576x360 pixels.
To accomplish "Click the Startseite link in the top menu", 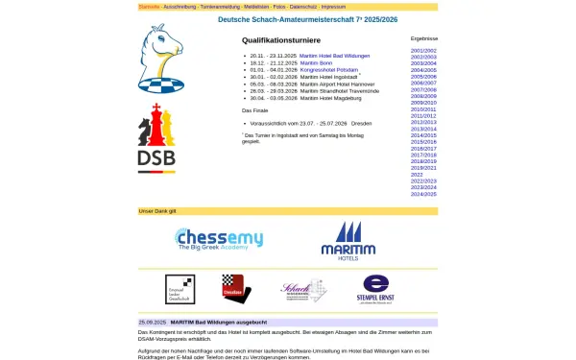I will [x=148, y=7].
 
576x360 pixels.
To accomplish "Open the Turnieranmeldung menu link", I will [x=220, y=7].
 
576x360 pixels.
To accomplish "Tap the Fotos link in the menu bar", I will [x=279, y=7].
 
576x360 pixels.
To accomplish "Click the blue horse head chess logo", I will [x=157, y=59].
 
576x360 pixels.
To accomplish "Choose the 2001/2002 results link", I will [x=423, y=50].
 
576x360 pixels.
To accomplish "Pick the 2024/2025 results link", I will [x=423, y=194].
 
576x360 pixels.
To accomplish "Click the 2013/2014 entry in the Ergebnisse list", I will [x=423, y=129].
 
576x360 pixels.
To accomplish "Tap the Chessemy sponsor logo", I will [x=219, y=240].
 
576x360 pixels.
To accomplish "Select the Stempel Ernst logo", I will [x=375, y=289].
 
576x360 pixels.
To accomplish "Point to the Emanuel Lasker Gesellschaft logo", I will [x=180, y=289].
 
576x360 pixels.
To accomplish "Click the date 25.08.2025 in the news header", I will [x=153, y=323].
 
